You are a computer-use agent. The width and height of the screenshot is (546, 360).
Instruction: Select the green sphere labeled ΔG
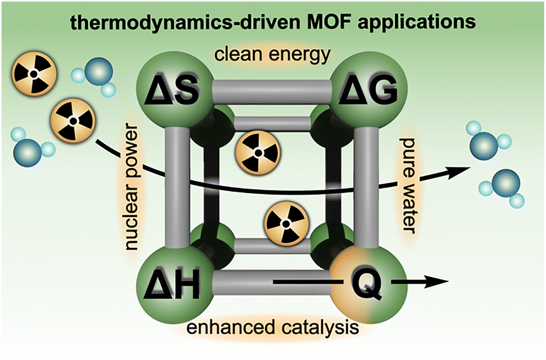point(368,90)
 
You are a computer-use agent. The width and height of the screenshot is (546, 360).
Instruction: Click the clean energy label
point(272,54)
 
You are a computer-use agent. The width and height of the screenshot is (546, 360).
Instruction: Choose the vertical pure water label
point(408,185)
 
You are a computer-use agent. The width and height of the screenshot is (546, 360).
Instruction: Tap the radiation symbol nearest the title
point(34,74)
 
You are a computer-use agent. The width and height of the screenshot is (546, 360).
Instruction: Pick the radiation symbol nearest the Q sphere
point(286,224)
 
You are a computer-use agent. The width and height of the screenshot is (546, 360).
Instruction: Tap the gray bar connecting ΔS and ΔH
point(177,188)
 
